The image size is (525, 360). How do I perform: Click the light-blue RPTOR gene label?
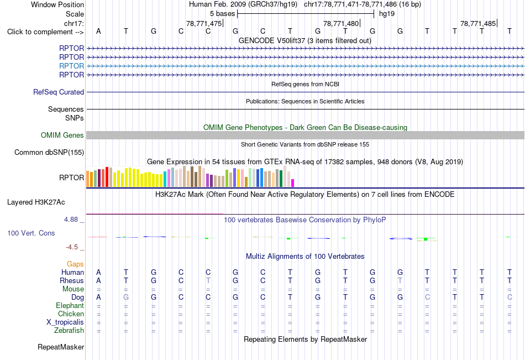coord(71,66)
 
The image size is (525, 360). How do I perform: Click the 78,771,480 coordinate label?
coord(341,23)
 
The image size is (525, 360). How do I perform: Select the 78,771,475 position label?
coord(204,23)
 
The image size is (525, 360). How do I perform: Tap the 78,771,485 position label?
coord(478,23)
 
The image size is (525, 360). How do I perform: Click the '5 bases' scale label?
coord(222,14)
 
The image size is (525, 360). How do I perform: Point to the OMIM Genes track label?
coord(62,135)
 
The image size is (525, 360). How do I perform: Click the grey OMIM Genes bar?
coord(306,135)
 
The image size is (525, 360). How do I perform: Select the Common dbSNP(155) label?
coord(49,153)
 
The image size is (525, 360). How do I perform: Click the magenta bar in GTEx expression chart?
coord(293,183)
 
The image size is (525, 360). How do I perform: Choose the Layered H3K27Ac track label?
coord(36,202)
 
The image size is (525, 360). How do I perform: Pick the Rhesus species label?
coord(72,280)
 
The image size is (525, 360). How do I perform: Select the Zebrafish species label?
coord(69,331)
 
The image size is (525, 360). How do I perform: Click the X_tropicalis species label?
coord(65,322)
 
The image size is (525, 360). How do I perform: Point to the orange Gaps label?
coord(75,264)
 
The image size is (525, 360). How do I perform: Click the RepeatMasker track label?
coord(61,347)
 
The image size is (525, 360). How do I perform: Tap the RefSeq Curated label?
coord(59,92)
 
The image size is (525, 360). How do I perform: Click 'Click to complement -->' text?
coord(45,32)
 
